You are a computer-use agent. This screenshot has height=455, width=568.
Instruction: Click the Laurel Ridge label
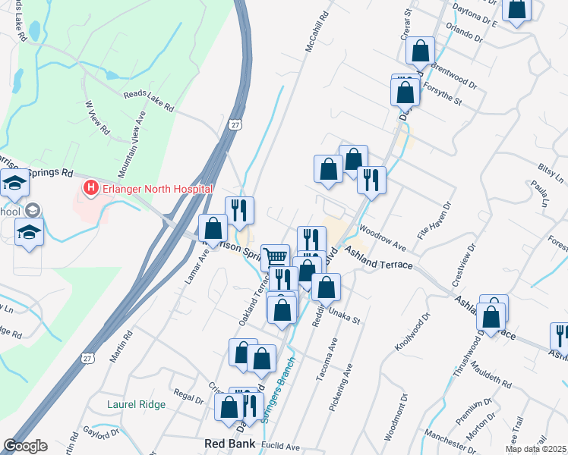click(x=136, y=404)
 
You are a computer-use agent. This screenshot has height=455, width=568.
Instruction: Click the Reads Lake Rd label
click(x=149, y=102)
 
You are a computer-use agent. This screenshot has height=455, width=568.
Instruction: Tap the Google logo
click(x=25, y=446)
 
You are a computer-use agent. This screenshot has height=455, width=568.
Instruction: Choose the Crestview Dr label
click(x=462, y=265)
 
